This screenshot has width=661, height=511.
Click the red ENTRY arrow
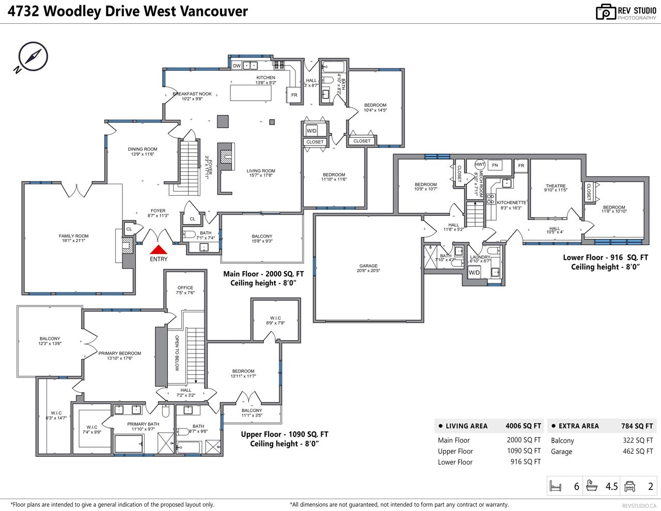158,250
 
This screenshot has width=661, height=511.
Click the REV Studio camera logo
606,12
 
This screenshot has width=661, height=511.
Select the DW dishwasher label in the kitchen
237,66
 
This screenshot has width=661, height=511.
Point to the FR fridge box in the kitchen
294,95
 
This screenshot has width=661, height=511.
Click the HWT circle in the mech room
480,165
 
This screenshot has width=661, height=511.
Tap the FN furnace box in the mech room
495,165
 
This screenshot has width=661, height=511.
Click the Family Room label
74,238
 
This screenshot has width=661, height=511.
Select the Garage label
368,268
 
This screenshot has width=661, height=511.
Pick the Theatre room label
556,188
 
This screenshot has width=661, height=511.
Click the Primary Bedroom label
119,356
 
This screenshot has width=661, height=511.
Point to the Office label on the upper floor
185,290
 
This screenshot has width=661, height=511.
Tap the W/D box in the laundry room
474,273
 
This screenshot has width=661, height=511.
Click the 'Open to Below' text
177,353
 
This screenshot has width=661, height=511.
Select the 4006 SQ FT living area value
523,426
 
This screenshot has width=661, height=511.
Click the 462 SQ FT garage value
638,451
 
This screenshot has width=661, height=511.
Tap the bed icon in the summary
555,486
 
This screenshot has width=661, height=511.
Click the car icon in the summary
629,486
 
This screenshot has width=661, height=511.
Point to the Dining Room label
143,151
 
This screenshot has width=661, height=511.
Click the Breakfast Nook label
192,96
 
